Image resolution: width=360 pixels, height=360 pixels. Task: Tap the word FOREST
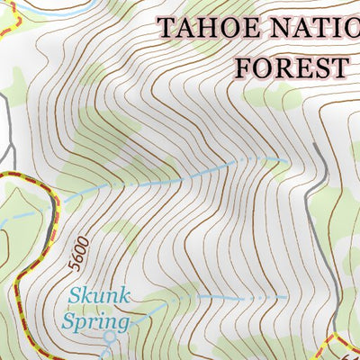(x=291, y=66)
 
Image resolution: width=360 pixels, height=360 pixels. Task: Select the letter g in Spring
(x=123, y=324)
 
